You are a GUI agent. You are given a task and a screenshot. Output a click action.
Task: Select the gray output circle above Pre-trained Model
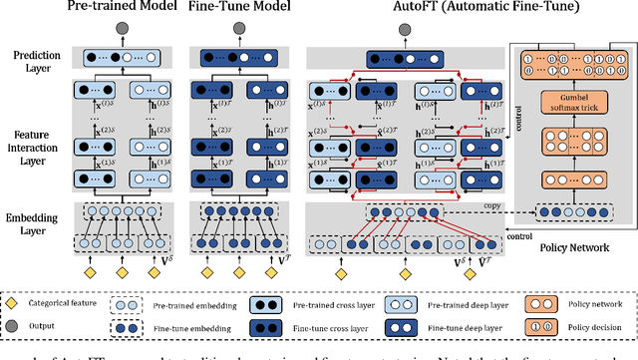coord(123,29)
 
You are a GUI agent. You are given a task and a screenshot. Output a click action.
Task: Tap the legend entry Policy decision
coord(592,324)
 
